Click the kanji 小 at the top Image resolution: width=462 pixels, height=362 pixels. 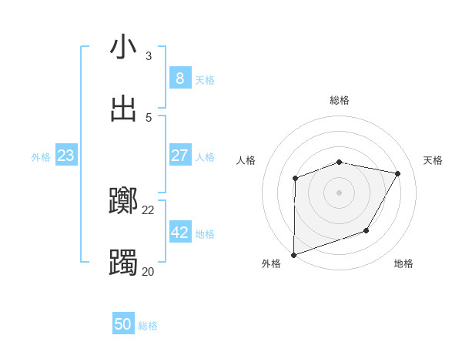click(x=123, y=48)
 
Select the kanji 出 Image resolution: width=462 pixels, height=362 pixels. click(x=123, y=109)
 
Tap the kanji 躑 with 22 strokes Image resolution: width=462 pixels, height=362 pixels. click(x=123, y=202)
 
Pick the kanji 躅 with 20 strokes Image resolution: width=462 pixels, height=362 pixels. click(x=123, y=263)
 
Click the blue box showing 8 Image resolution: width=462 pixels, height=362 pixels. click(x=179, y=79)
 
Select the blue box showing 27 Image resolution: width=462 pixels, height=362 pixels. click(x=179, y=156)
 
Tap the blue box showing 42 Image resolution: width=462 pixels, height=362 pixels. click(x=179, y=233)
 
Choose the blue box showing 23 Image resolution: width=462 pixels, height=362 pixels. click(x=65, y=156)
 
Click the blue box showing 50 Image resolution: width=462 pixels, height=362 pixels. click(x=123, y=324)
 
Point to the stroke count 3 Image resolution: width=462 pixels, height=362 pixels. click(x=149, y=55)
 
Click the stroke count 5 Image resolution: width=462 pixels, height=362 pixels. click(x=149, y=117)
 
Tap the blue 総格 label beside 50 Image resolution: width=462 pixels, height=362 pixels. click(x=148, y=326)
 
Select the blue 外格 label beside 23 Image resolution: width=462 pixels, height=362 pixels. click(x=41, y=157)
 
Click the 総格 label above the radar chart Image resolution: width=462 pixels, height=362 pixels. click(x=340, y=100)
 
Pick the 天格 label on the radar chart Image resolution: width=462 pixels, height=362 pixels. click(x=434, y=160)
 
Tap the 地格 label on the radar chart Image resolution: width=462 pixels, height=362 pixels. click(x=403, y=263)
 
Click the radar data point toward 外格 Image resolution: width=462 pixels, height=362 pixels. click(x=293, y=254)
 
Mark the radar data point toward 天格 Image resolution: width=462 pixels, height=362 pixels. click(x=398, y=173)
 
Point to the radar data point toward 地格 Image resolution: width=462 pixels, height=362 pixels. click(x=367, y=230)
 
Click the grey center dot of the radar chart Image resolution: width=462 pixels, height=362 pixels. click(x=339, y=193)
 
